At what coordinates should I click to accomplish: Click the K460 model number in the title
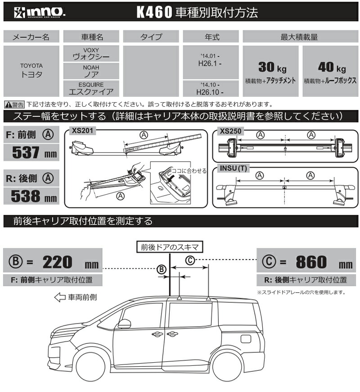(152, 12)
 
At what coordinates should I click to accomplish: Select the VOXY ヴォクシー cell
(91, 54)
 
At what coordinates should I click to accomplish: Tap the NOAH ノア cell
(91, 71)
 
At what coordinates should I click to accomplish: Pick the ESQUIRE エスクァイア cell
(91, 88)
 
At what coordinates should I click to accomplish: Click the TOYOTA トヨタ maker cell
(31, 70)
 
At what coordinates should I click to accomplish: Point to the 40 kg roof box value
(331, 68)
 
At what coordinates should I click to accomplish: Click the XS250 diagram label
(228, 131)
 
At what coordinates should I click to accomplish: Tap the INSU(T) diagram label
(233, 168)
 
